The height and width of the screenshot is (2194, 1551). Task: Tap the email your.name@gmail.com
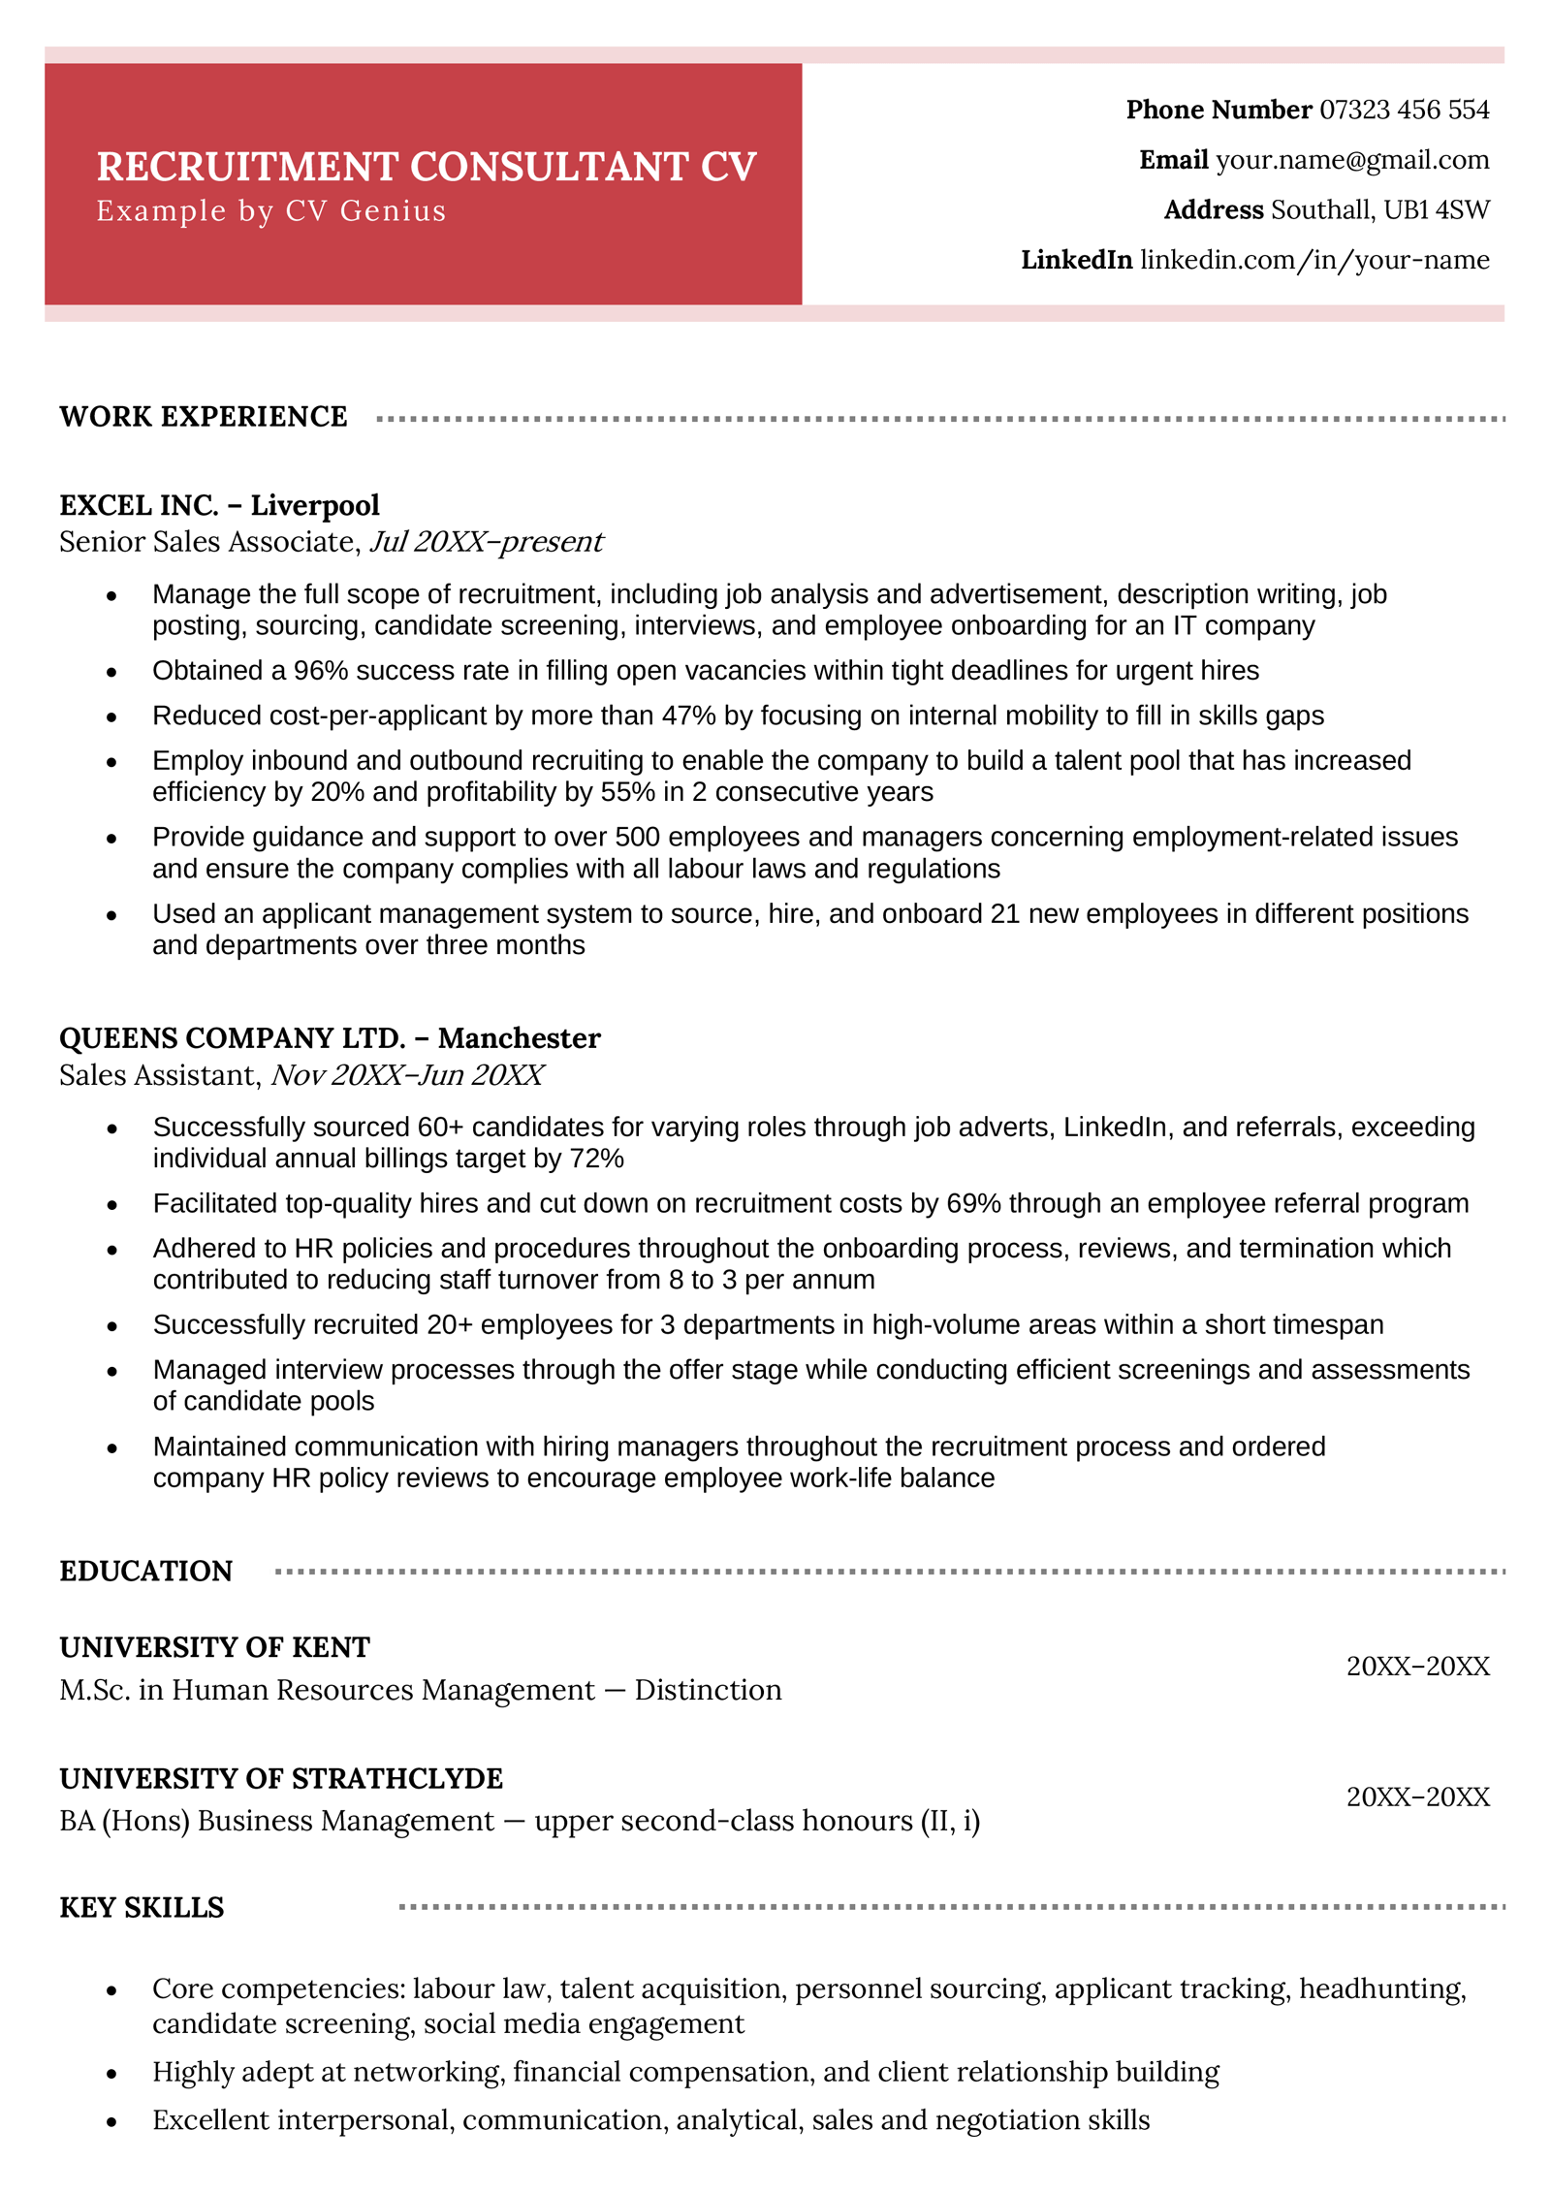(x=1352, y=160)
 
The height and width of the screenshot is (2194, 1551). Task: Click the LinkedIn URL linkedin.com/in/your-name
(x=1314, y=260)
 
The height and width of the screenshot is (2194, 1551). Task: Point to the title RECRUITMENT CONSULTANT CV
(x=427, y=167)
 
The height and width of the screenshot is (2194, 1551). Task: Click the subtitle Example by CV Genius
(x=271, y=211)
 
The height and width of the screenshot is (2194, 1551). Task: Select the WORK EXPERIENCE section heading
(x=204, y=417)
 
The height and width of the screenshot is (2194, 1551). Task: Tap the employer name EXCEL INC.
(x=139, y=506)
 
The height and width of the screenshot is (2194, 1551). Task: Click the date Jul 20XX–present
(x=487, y=542)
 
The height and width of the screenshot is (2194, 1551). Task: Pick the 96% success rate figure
(x=320, y=671)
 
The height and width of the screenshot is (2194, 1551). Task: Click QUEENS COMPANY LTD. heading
(x=233, y=1038)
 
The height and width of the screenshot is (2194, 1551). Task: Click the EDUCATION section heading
(x=146, y=1572)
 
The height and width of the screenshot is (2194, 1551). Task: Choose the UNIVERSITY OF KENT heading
(x=214, y=1648)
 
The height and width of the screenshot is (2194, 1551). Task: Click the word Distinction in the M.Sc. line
(x=708, y=1690)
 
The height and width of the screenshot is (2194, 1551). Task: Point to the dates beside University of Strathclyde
(x=1417, y=1797)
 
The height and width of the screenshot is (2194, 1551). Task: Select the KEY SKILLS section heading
(x=142, y=1908)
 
